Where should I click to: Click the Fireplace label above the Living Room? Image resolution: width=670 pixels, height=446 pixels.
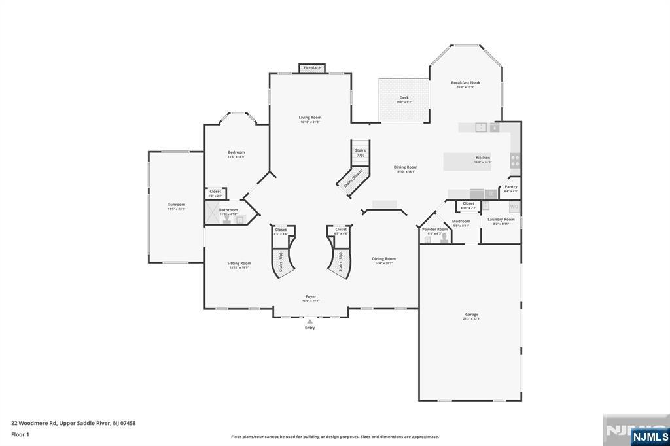point(312,68)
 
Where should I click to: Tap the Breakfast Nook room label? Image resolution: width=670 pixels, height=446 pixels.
point(465,83)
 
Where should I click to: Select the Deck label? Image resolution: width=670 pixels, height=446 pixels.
point(404,98)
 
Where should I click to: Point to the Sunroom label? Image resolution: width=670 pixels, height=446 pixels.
point(176,205)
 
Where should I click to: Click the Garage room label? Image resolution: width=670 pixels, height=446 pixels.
point(471,315)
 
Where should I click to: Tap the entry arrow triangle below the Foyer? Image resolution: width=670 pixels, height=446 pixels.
point(309,321)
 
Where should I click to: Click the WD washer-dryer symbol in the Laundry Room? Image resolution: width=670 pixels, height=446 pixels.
point(514,207)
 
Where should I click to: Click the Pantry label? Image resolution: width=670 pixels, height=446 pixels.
point(511,187)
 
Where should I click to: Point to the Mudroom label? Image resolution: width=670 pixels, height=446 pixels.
point(461,221)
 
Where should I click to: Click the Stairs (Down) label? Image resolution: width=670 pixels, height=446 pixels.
point(353,178)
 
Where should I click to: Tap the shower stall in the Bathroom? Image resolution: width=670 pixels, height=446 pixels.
point(212,213)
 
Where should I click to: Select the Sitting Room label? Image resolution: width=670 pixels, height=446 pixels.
point(240,263)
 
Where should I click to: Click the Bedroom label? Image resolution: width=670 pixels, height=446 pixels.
point(236,152)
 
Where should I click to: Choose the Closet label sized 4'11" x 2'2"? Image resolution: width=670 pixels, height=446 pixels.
point(468,203)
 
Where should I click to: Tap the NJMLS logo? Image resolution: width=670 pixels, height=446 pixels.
point(650,436)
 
